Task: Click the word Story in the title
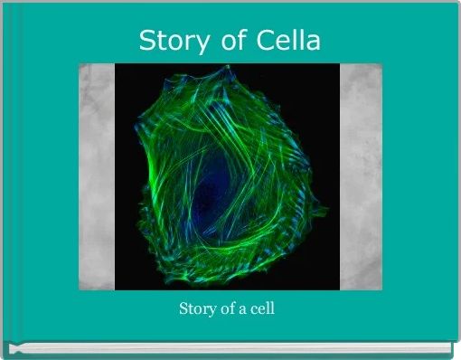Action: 167,41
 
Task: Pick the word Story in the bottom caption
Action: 195,309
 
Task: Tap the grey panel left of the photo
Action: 96,176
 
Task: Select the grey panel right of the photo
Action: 361,176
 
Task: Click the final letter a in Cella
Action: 311,42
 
